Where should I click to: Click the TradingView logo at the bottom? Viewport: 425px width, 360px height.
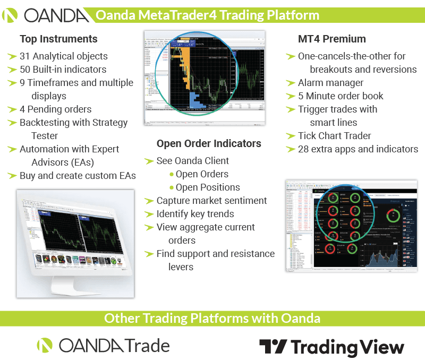(331, 347)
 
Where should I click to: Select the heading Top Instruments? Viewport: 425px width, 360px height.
(58, 39)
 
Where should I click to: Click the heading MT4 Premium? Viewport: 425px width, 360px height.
(331, 39)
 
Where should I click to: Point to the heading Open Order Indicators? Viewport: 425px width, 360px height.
(209, 143)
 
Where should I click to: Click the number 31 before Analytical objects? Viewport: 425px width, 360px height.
(25, 56)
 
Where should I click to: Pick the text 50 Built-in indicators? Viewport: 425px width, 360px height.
(63, 70)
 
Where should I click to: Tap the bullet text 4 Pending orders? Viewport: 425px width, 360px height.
(55, 109)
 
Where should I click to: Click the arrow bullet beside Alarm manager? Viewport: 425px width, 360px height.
(290, 83)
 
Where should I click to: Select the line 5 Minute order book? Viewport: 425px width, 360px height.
(341, 96)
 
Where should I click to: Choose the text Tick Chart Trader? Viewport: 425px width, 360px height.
(334, 136)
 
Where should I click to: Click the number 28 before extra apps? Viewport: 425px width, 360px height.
(303, 149)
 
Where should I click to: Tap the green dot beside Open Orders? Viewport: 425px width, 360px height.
(171, 174)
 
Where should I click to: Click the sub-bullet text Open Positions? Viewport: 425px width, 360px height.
(208, 187)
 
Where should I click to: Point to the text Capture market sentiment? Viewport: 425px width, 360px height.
(211, 201)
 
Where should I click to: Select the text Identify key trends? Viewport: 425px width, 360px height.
(195, 214)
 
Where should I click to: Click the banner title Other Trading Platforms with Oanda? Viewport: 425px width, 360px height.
(212, 318)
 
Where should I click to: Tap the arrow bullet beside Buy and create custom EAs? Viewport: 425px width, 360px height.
(12, 176)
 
